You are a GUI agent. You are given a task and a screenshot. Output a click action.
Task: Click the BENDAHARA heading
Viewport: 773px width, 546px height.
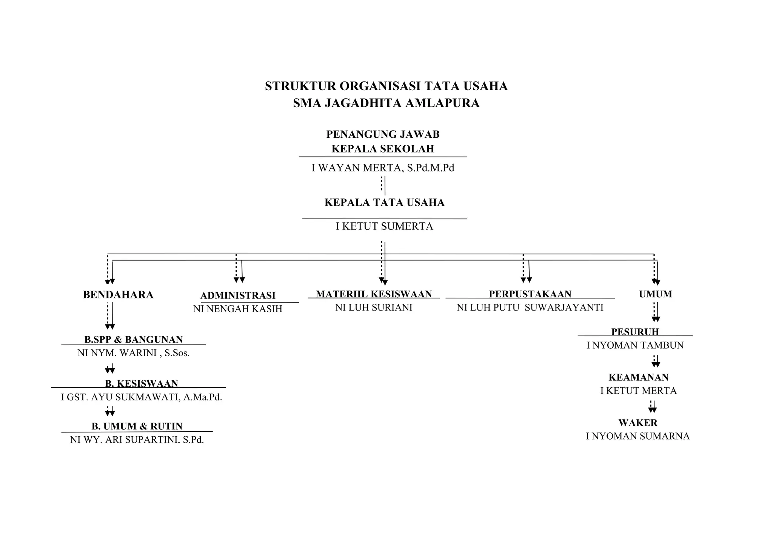pyautogui.click(x=118, y=295)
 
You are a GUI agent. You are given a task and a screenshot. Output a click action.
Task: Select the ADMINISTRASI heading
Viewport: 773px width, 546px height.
pyautogui.click(x=238, y=295)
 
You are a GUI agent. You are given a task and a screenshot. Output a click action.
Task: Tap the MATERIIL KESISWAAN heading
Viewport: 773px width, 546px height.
pyautogui.click(x=374, y=294)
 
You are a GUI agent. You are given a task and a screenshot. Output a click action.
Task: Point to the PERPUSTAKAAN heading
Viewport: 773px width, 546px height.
pyautogui.click(x=530, y=294)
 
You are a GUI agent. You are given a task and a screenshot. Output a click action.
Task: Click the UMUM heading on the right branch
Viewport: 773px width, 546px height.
pyautogui.click(x=655, y=294)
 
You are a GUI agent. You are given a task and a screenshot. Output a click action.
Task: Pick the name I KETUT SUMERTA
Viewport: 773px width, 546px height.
pyautogui.click(x=384, y=226)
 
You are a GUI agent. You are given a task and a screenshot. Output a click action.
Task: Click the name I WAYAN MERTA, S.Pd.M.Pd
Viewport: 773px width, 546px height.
pyautogui.click(x=383, y=168)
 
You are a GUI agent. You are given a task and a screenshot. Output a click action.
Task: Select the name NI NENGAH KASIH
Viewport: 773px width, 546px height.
pyautogui.click(x=238, y=309)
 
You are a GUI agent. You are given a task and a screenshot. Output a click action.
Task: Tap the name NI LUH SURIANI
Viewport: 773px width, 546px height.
pyautogui.click(x=374, y=308)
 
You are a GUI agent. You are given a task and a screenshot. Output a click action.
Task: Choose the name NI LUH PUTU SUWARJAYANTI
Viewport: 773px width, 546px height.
pyautogui.click(x=530, y=308)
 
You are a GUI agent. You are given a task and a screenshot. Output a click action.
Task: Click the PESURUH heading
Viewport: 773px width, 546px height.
pyautogui.click(x=635, y=332)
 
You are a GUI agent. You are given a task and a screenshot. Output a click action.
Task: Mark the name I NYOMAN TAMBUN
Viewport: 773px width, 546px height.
pyautogui.click(x=635, y=345)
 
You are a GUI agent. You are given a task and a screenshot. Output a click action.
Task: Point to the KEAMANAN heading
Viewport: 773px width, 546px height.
pyautogui.click(x=639, y=377)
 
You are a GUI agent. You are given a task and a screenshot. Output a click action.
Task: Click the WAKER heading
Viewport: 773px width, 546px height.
pyautogui.click(x=638, y=423)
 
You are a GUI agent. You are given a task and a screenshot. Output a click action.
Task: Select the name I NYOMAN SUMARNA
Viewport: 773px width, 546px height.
pyautogui.click(x=638, y=436)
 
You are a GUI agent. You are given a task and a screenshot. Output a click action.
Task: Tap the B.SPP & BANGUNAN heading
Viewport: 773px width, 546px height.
pyautogui.click(x=134, y=340)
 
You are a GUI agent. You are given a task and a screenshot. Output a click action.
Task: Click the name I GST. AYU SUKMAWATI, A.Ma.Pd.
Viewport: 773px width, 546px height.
pyautogui.click(x=142, y=397)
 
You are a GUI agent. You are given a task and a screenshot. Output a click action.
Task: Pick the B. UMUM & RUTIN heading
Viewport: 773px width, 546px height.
pyautogui.click(x=137, y=426)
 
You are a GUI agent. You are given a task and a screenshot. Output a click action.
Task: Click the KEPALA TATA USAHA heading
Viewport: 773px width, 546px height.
pyautogui.click(x=384, y=203)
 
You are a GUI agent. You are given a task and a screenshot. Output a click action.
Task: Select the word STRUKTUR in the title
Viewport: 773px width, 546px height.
pyautogui.click(x=300, y=86)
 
